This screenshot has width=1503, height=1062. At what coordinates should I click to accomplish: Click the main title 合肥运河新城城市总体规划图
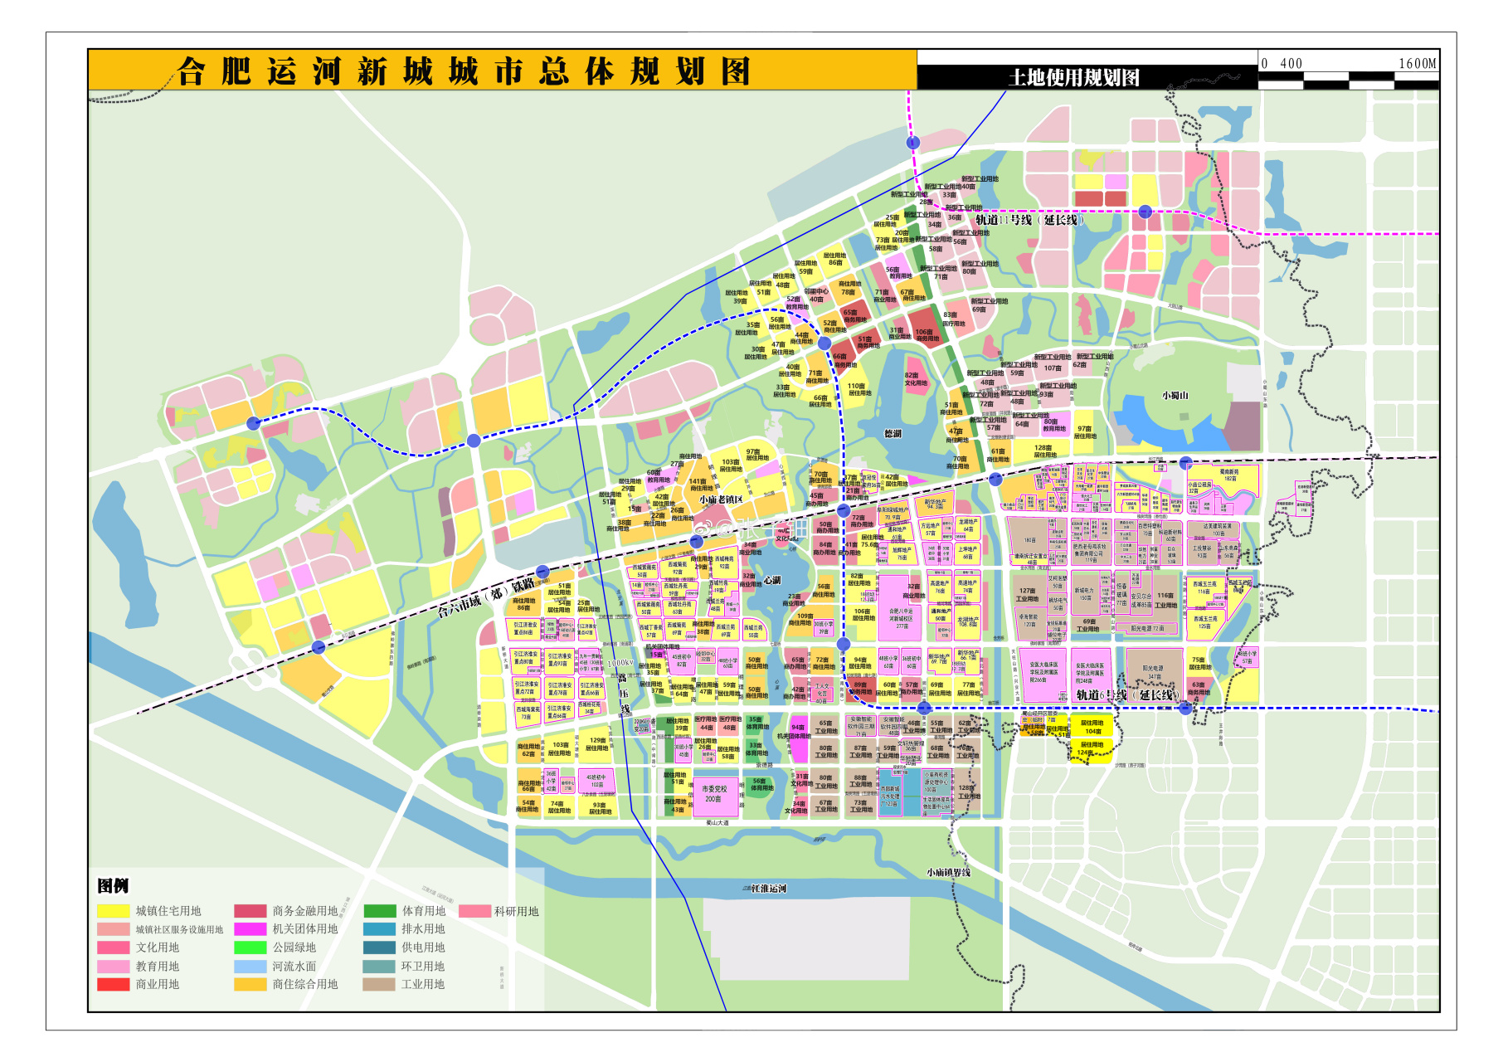click(x=463, y=71)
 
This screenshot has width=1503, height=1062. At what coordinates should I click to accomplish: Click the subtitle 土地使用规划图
click(x=1073, y=78)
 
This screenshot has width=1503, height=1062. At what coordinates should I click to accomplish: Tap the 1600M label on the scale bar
click(x=1417, y=64)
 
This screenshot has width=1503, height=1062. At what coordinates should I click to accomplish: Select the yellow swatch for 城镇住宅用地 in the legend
click(x=114, y=911)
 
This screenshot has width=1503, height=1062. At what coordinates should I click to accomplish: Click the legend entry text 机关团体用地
click(x=305, y=929)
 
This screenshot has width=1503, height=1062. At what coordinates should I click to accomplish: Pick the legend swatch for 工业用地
click(x=378, y=984)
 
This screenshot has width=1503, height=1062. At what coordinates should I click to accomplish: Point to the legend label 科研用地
click(x=516, y=911)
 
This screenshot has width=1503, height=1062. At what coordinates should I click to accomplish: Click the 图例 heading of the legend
click(x=113, y=885)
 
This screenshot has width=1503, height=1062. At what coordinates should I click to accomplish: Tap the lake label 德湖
click(x=893, y=433)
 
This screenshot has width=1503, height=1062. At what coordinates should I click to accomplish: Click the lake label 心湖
click(x=771, y=580)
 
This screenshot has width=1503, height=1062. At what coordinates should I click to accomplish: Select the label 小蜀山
click(x=1175, y=396)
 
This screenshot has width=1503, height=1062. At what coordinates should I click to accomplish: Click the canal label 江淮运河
click(x=768, y=889)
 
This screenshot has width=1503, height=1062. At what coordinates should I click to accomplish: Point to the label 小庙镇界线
click(x=948, y=872)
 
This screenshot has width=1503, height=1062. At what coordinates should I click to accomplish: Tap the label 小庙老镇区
click(x=721, y=499)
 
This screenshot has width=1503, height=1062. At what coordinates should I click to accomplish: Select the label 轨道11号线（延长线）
click(x=1029, y=220)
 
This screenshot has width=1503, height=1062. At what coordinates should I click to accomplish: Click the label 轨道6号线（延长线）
click(x=1126, y=695)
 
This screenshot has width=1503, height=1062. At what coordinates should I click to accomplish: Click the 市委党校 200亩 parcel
click(x=713, y=794)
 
